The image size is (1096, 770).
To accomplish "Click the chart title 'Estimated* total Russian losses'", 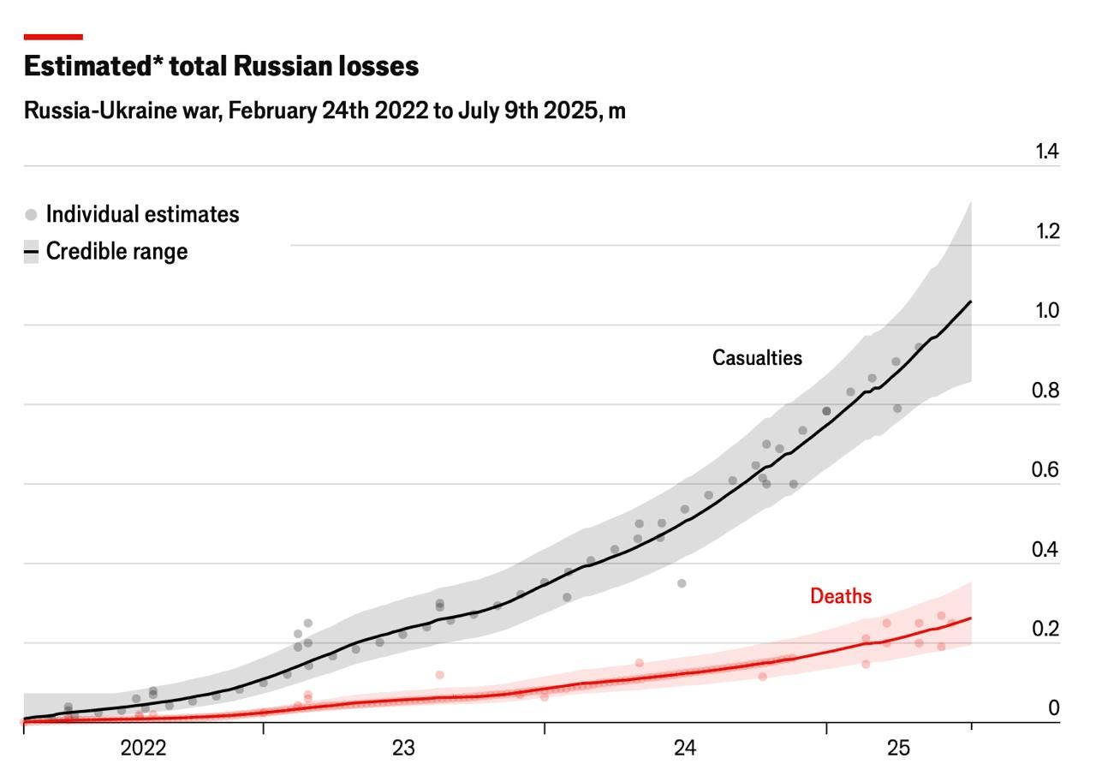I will [221, 67].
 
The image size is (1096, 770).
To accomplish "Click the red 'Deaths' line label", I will [841, 596].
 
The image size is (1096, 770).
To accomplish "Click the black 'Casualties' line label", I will [757, 358].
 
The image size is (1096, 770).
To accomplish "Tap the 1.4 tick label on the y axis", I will [1046, 152].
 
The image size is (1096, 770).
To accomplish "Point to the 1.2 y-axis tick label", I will [1046, 231].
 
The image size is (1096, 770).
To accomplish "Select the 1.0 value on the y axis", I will [1046, 311].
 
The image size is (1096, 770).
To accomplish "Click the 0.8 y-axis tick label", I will [1046, 391].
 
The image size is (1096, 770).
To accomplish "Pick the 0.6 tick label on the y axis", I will [1046, 470].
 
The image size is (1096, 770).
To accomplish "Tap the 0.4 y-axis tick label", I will [1046, 550].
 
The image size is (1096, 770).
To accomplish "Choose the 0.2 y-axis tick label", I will [1046, 630].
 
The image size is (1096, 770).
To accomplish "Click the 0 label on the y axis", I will [1053, 708].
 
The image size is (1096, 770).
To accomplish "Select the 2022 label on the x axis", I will [143, 749].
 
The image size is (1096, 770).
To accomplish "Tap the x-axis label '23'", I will [403, 749].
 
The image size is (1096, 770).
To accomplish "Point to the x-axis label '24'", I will [685, 749].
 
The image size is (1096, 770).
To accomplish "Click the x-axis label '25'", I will [898, 749].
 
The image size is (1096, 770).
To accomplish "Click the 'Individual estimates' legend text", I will [142, 214].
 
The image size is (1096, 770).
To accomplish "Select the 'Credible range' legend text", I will [116, 252].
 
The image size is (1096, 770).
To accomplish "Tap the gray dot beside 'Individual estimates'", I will [32, 214].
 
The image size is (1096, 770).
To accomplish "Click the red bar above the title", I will [53, 37].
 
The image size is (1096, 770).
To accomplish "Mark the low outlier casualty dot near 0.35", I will [682, 583].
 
